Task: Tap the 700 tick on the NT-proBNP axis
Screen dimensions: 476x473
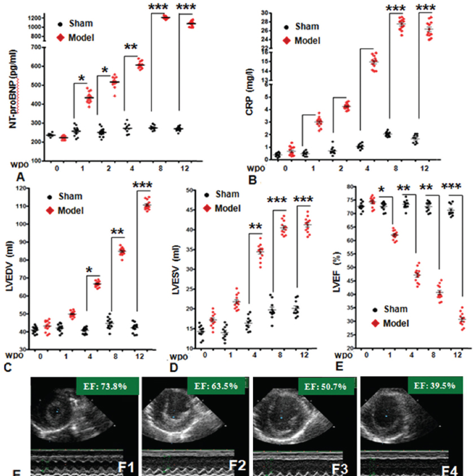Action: click(x=36, y=47)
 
